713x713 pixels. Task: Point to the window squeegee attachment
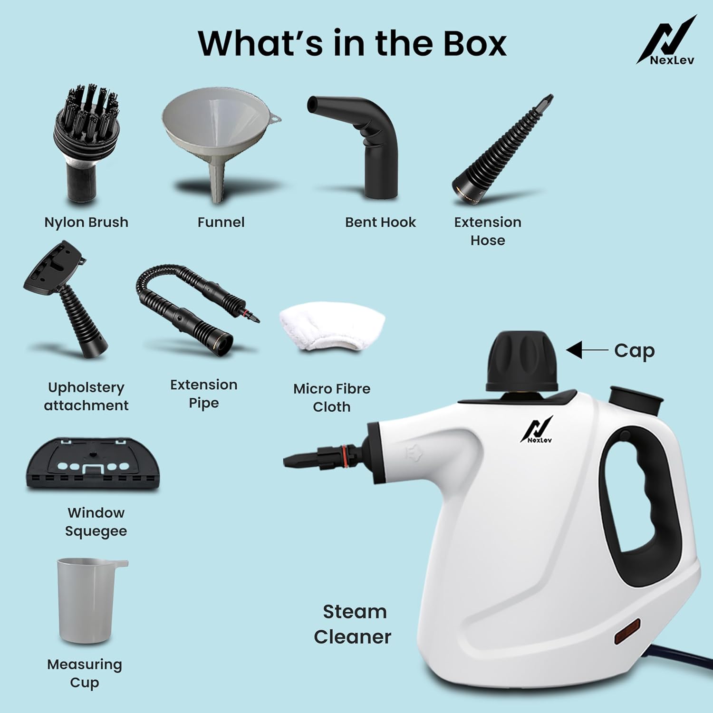93,463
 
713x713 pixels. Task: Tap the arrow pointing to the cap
587,350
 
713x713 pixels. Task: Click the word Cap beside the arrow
634,351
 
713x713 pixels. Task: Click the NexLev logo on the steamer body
538,430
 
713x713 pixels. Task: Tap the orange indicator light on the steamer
626,631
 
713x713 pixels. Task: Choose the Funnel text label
221,222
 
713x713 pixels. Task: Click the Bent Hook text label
380,222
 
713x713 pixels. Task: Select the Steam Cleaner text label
353,624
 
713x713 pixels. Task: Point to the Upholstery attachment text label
86,396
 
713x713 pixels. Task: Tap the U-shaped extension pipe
190,309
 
